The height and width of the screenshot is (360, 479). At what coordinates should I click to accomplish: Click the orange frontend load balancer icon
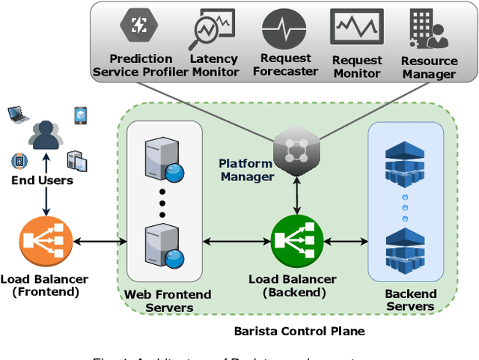point(46,241)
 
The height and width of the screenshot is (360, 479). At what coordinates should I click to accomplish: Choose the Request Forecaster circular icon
point(284,31)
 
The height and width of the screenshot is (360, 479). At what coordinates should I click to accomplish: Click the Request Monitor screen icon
point(356,30)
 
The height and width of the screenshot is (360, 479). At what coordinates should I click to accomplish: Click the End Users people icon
point(46,135)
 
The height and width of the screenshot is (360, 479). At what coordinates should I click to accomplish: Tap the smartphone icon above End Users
point(80,115)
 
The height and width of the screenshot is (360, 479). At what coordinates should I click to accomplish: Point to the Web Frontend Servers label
point(168,300)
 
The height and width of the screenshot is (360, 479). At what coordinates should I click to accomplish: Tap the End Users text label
point(42,180)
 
